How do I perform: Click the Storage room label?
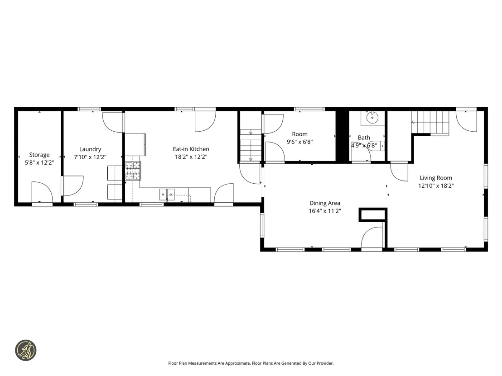click(x=39, y=155)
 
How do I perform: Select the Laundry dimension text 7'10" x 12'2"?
click(x=90, y=157)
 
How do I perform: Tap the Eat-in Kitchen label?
click(x=191, y=149)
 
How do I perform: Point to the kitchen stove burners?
click(x=133, y=171)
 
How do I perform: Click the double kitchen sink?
click(x=167, y=195)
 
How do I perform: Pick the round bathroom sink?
click(x=373, y=118)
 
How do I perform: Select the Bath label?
click(x=364, y=138)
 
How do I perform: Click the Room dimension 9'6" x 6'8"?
click(x=299, y=142)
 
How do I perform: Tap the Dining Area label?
click(x=325, y=203)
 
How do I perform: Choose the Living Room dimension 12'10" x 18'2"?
click(x=436, y=186)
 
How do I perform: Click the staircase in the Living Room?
click(x=430, y=122)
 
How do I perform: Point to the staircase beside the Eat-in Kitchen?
click(x=251, y=145)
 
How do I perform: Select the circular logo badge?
click(x=26, y=350)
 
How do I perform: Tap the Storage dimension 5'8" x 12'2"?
click(x=39, y=162)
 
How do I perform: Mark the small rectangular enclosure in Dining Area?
click(x=373, y=214)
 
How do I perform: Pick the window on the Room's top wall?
click(x=309, y=109)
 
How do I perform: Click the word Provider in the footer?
click(x=325, y=363)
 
